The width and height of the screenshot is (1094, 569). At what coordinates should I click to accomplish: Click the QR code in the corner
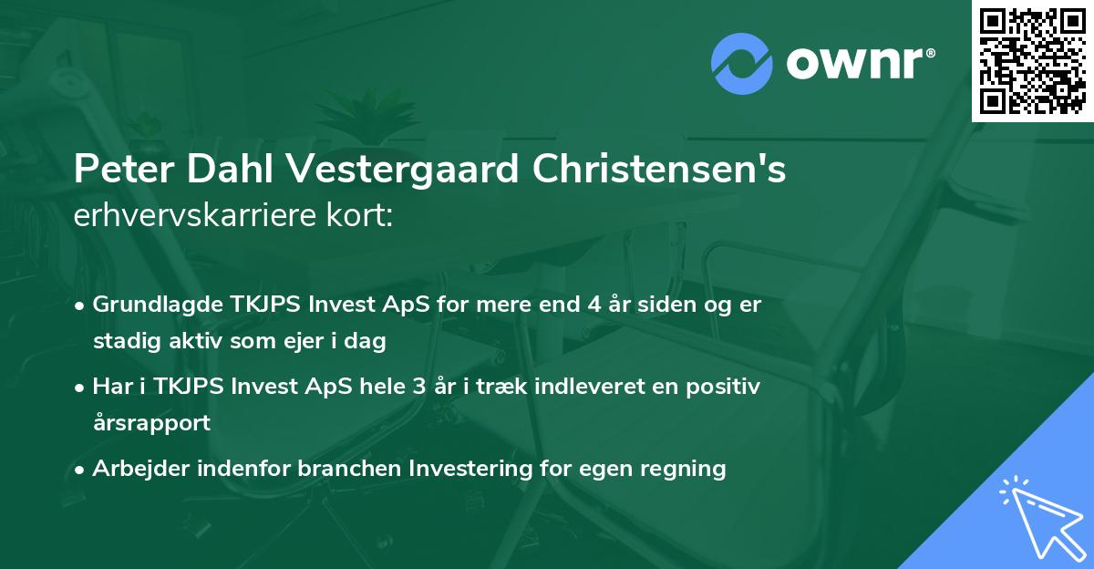(x=1032, y=60)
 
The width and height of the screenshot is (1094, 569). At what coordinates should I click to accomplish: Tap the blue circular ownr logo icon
(x=741, y=63)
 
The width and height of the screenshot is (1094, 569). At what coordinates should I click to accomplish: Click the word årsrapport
(x=151, y=423)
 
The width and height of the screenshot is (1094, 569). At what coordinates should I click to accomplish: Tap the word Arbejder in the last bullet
(x=135, y=469)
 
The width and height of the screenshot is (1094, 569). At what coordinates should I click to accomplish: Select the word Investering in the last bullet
(x=470, y=469)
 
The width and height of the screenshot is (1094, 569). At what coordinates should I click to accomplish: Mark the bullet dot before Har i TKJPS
(x=81, y=387)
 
